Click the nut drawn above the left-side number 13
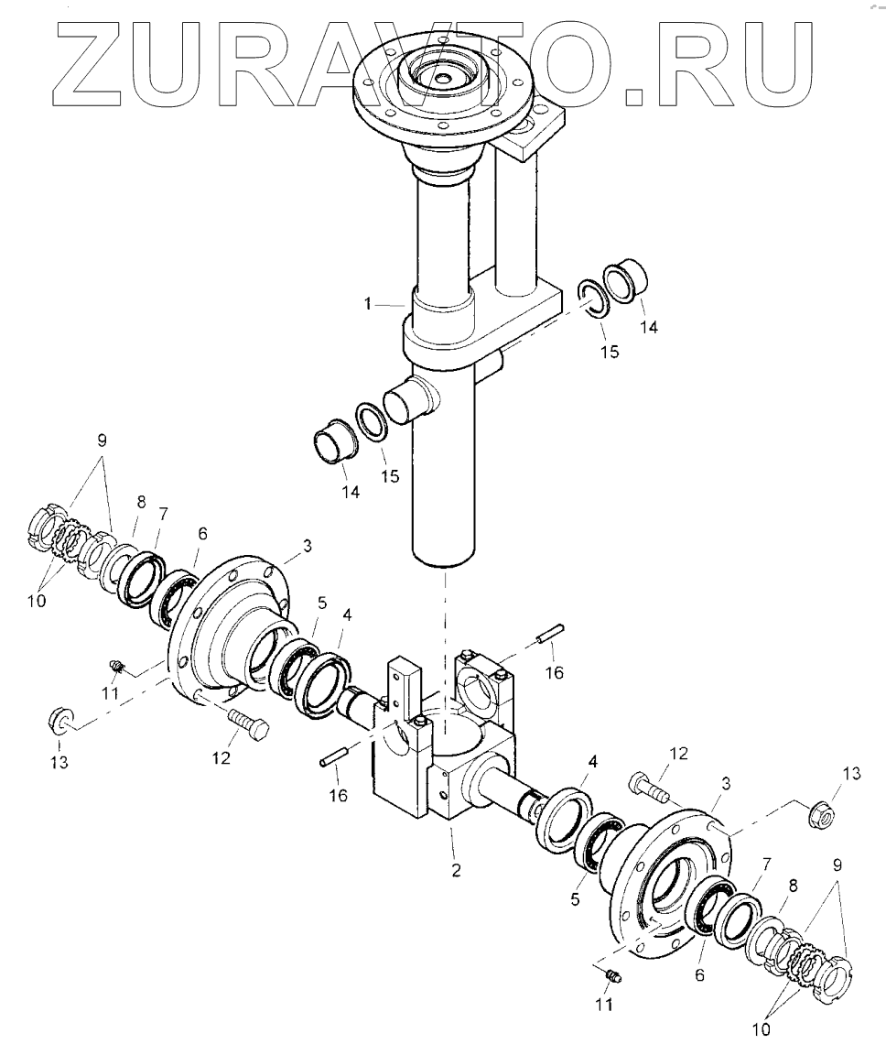pos(59,719)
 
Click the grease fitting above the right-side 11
pos(614,974)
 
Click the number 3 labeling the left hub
pos(307,547)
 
